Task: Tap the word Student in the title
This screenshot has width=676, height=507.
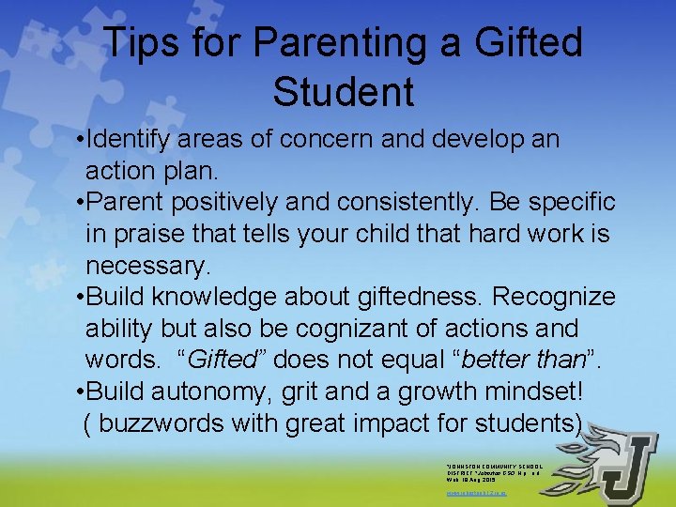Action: click(343, 92)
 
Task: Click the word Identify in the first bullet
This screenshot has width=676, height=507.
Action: click(142, 140)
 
